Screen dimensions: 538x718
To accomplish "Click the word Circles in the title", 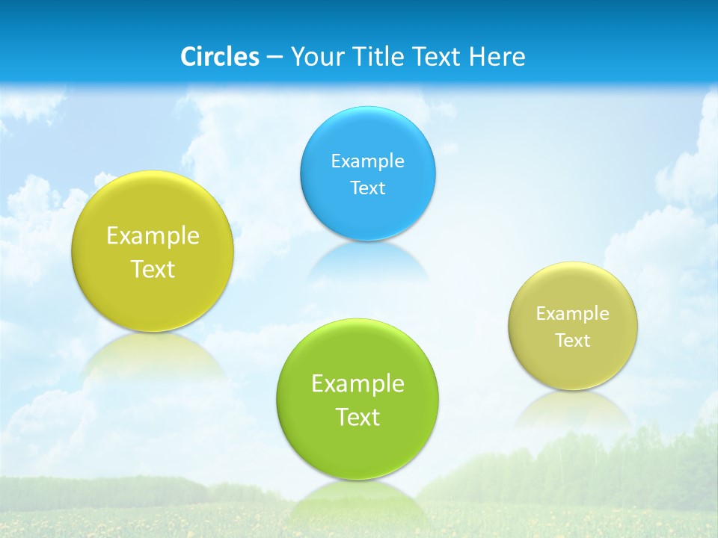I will click(x=220, y=57).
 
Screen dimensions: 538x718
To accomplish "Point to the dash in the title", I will click(x=274, y=58).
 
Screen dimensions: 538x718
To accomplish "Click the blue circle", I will click(x=367, y=173).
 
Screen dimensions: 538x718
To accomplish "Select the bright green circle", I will click(x=358, y=399).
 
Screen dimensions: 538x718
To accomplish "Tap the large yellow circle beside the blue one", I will click(x=153, y=251).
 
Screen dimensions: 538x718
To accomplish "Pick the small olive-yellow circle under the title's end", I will click(x=573, y=326).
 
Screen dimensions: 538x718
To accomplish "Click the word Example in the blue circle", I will click(x=367, y=161).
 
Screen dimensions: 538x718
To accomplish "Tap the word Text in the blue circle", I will click(x=367, y=188).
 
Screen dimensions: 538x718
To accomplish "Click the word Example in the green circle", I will click(x=358, y=383).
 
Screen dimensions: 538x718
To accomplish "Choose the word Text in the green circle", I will click(x=358, y=416).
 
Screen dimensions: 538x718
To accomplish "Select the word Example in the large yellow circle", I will click(x=153, y=235).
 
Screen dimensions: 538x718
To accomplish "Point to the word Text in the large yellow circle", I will click(x=153, y=268).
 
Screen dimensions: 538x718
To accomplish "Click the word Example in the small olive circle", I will click(x=573, y=313).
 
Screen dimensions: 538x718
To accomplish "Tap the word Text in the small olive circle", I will click(x=573, y=340).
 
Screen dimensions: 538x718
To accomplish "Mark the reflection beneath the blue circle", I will click(x=367, y=262).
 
